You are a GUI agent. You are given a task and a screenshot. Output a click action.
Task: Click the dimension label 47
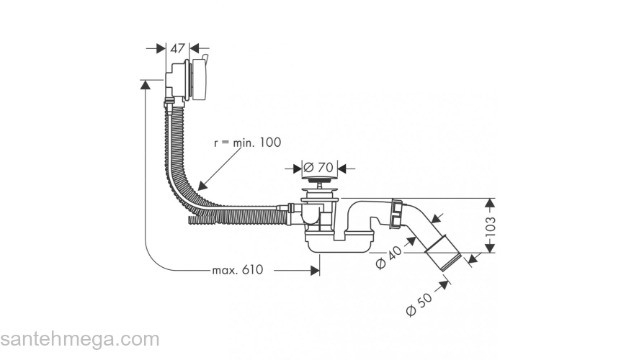[177, 48]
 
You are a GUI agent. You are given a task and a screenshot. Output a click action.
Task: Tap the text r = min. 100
[248, 143]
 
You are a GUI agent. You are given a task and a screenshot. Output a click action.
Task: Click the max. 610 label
[237, 270]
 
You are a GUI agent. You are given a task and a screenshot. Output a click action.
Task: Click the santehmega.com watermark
[79, 339]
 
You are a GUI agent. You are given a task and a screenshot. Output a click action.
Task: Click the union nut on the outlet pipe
[395, 215]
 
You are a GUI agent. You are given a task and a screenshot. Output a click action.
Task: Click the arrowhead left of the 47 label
[162, 48]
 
